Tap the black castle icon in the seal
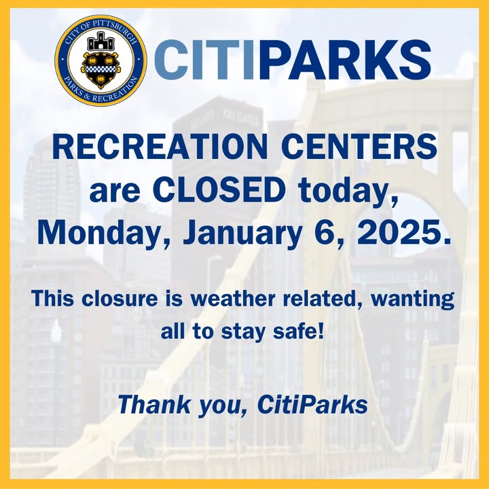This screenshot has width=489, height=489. pyautogui.click(x=101, y=41)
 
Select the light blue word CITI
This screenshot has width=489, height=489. pyautogui.click(x=203, y=60)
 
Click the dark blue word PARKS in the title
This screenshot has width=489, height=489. pyautogui.click(x=346, y=60)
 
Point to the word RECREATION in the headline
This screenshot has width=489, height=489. pyautogui.click(x=160, y=147)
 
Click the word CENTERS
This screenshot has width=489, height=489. pyautogui.click(x=359, y=147)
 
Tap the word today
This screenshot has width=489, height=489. pyautogui.click(x=348, y=192)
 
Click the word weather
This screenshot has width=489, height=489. pyautogui.click(x=233, y=298)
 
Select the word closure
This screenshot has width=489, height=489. pyautogui.click(x=120, y=298)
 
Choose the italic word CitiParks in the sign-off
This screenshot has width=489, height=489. pyautogui.click(x=312, y=405)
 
